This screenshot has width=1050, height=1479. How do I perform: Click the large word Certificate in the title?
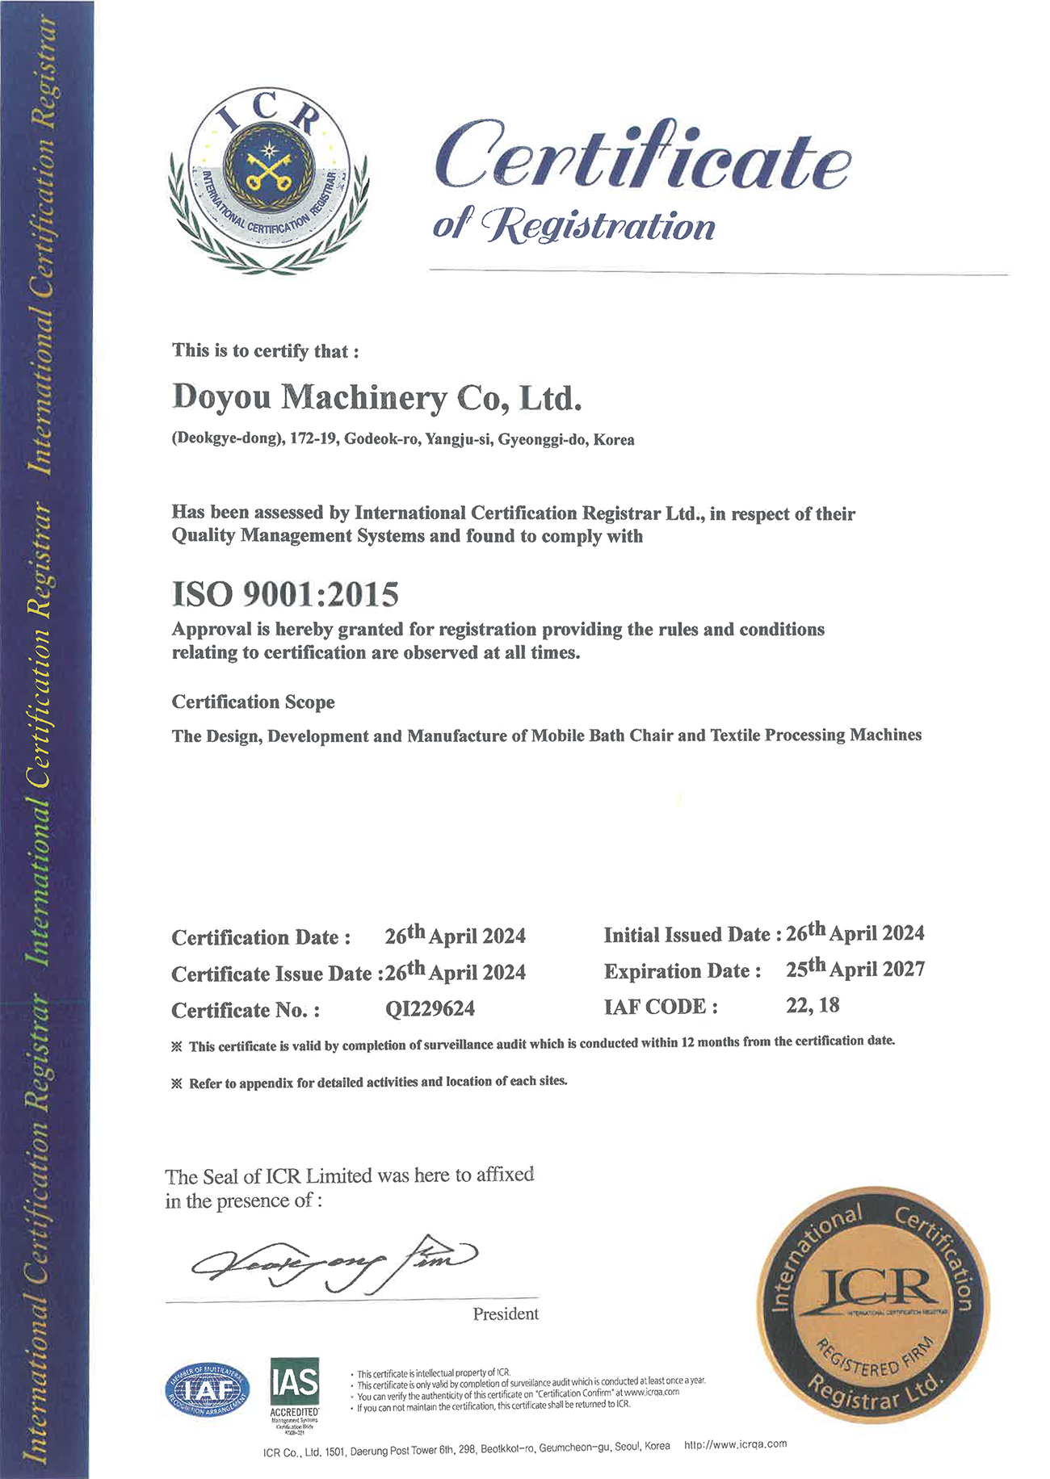(x=642, y=156)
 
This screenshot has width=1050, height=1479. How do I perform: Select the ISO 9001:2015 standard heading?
(x=285, y=594)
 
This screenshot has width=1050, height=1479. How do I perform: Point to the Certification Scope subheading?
(x=253, y=702)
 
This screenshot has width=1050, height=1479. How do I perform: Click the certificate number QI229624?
(x=430, y=1009)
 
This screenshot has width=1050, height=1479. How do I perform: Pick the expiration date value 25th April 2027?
(x=855, y=969)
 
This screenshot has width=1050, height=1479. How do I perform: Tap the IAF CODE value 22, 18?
(x=813, y=1005)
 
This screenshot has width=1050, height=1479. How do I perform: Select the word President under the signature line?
(x=506, y=1314)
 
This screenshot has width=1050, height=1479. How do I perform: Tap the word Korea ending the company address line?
(x=614, y=440)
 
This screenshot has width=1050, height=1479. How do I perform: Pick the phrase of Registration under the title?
(x=574, y=225)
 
